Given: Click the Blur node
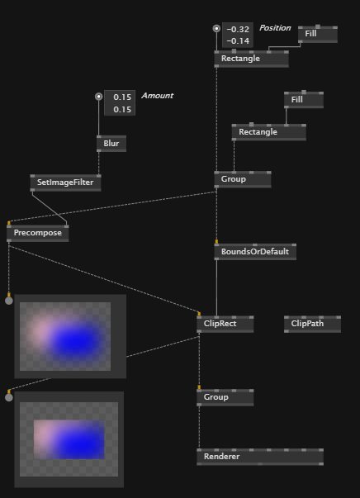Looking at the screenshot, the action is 111,144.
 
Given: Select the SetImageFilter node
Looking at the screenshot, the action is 66,183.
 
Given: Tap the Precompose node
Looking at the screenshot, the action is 38,233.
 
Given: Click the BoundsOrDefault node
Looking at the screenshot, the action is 255,252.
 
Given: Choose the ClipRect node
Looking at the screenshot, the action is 225,324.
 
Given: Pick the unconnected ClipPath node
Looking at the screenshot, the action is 312,324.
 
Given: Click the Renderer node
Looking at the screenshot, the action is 260,457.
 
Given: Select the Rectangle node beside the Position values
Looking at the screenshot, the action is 252,59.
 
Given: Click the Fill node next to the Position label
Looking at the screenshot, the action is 317,34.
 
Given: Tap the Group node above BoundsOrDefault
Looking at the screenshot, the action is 243,179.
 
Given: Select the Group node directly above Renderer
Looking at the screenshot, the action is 225,397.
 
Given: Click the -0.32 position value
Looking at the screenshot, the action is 238,29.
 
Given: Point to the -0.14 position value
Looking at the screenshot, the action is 238,41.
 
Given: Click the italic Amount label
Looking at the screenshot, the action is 158,96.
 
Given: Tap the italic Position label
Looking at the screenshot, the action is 275,28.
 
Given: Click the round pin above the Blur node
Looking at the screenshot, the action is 99,97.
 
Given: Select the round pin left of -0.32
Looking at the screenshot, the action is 216,29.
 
